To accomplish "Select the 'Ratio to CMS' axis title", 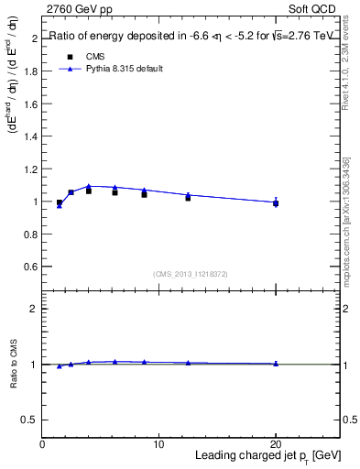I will [x=13, y=364].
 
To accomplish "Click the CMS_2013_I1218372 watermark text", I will [x=191, y=273].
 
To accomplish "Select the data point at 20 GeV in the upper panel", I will [x=276, y=203].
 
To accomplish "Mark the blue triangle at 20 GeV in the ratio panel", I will [x=276, y=364].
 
